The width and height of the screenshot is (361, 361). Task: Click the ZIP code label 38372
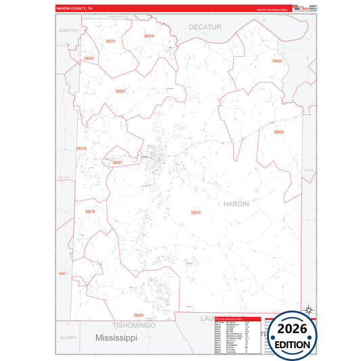tap(196, 213)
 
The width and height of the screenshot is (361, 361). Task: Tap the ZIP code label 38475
tap(278, 132)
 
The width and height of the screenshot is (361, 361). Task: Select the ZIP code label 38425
tap(277, 62)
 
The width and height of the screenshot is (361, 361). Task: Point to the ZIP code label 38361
tap(120, 91)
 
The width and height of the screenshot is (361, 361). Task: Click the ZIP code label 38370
tap(149, 36)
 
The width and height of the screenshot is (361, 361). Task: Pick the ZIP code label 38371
tap(110, 42)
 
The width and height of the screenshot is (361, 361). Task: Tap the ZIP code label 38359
tap(89, 59)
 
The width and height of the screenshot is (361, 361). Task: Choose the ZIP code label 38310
tap(81, 148)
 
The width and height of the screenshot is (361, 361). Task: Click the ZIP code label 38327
tap(117, 163)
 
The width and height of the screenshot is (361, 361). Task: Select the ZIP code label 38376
tap(90, 212)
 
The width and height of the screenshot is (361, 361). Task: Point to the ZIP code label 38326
tap(138, 316)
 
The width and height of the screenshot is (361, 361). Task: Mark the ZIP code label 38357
tap(62, 274)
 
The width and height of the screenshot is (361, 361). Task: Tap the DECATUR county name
tap(205, 26)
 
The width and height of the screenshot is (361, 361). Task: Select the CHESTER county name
tap(68, 30)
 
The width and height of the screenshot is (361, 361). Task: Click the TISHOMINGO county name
tap(134, 325)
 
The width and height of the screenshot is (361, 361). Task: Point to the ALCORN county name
tap(68, 337)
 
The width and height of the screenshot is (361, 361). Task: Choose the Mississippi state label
tap(116, 337)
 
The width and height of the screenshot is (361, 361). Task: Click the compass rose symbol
tap(309, 310)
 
